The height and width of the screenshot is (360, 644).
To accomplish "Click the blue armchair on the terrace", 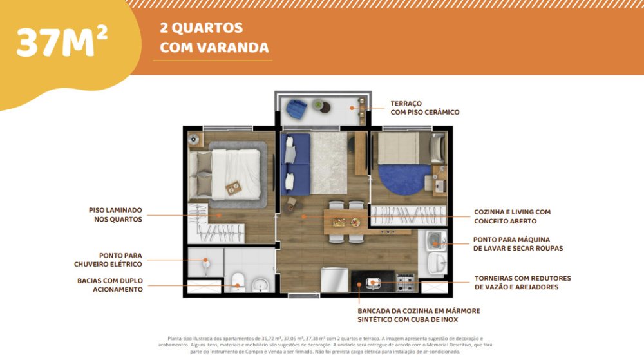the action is (x=296, y=108).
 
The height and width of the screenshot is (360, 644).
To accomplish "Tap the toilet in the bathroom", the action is (x=237, y=283).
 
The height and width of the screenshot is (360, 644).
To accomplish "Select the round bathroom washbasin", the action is (x=260, y=285).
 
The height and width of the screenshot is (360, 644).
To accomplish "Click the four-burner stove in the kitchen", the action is (x=405, y=282).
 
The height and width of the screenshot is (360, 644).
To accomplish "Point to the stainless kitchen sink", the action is (x=373, y=283).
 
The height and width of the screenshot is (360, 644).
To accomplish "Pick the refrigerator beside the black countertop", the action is (x=334, y=280).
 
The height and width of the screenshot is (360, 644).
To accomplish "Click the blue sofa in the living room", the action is (x=295, y=164).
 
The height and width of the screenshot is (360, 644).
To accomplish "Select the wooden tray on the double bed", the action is (x=234, y=188).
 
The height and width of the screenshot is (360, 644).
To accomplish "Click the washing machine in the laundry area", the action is (x=436, y=241).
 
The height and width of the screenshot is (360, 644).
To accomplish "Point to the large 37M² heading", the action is (x=62, y=43).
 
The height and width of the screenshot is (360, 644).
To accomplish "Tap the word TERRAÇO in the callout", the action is (x=406, y=104).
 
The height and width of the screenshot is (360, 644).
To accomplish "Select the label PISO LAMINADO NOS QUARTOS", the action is (x=116, y=214).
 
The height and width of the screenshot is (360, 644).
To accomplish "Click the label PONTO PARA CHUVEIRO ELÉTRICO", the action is (x=108, y=260).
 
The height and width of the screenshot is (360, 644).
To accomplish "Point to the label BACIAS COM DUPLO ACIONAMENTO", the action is (x=110, y=285).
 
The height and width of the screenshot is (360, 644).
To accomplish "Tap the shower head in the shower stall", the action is (x=205, y=260).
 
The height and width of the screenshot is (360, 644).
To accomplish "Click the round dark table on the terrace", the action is (x=325, y=108).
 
